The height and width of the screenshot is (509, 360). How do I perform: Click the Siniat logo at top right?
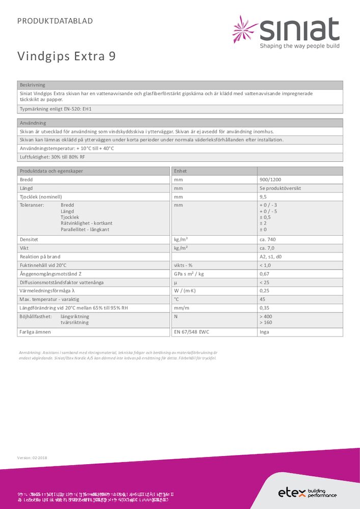pyautogui.click(x=286, y=32)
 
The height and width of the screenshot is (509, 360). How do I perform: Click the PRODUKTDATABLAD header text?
pyautogui.click(x=55, y=21)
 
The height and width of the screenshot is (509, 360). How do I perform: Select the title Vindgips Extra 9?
pyautogui.click(x=66, y=56)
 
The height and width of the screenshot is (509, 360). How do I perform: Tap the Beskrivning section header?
pyautogui.click(x=32, y=85)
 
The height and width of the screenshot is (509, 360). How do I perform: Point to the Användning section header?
pyautogui.click(x=33, y=123)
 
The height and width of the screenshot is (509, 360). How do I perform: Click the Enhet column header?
pyautogui.click(x=181, y=171)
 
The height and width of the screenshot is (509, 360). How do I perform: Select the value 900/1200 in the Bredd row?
pyautogui.click(x=269, y=180)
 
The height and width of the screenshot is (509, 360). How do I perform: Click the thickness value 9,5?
pyautogui.click(x=263, y=196)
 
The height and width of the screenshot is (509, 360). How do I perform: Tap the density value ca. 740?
pyautogui.click(x=268, y=239)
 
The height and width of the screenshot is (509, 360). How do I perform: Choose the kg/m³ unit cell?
pyautogui.click(x=181, y=239)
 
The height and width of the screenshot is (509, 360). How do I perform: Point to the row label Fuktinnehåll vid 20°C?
pyautogui.click(x=43, y=265)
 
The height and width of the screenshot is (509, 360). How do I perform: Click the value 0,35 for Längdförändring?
pyautogui.click(x=264, y=308)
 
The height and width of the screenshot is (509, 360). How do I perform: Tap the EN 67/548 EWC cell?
pyautogui.click(x=192, y=332)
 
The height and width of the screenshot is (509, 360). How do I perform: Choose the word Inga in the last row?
pyautogui.click(x=264, y=332)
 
